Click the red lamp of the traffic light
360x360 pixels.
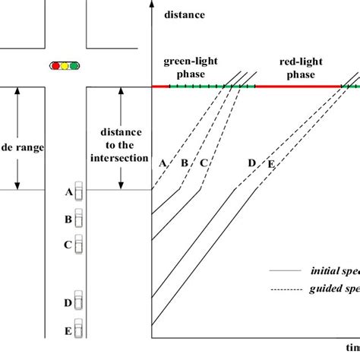pyautogui.click(x=55, y=66)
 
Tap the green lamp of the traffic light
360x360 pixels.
pyautogui.click(x=75, y=66)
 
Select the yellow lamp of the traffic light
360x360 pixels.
pyautogui.click(x=65, y=66)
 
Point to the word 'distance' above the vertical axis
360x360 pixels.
pyautogui.click(x=184, y=14)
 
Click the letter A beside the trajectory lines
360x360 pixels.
pyautogui.click(x=163, y=163)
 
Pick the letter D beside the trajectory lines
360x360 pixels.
pyautogui.click(x=253, y=163)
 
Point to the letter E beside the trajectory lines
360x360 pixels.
pyautogui.click(x=269, y=163)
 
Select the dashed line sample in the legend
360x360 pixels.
pyautogui.click(x=282, y=289)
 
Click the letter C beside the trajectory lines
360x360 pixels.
pyautogui.click(x=203, y=163)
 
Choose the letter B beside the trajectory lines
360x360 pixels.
pyautogui.click(x=184, y=163)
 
